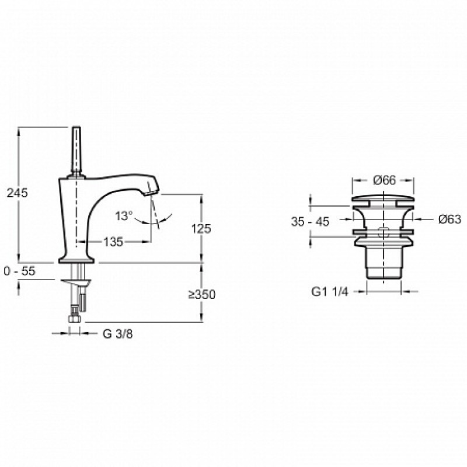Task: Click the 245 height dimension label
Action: (18, 193)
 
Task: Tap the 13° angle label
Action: (124, 215)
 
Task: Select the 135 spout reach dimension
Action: (113, 242)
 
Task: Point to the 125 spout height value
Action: (201, 229)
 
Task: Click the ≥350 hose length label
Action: (201, 295)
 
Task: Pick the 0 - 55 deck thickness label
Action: (20, 271)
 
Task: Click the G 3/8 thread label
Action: (118, 334)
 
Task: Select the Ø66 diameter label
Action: (384, 180)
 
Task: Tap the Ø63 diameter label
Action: (449, 219)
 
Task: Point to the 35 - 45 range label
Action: (311, 222)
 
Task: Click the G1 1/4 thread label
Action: (330, 292)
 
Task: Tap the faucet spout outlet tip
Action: (151, 193)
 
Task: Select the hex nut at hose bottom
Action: (75, 318)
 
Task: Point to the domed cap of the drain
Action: (383, 199)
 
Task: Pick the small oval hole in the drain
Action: (384, 232)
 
